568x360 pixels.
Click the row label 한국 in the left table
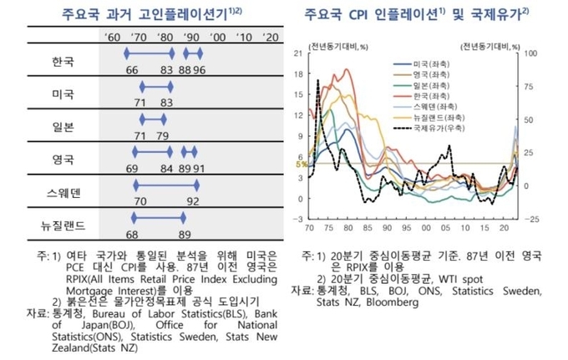[63, 61]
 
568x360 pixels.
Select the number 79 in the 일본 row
[163, 135]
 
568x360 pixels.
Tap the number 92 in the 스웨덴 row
[193, 200]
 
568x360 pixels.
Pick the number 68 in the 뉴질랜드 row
[133, 234]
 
